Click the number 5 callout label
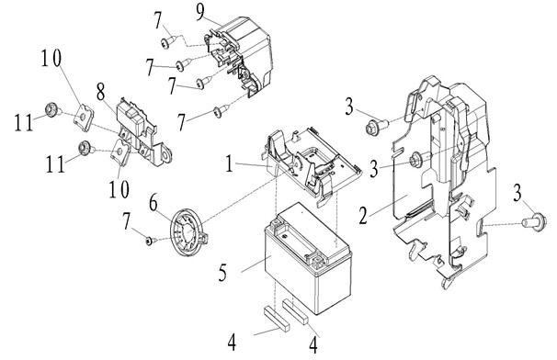(222, 273)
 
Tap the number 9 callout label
(200, 13)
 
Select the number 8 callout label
(101, 92)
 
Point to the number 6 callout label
(153, 204)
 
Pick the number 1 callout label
(230, 163)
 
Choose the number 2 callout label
(362, 216)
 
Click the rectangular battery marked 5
(308, 258)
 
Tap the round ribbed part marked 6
(188, 231)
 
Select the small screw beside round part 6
(149, 242)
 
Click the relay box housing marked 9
(242, 57)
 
